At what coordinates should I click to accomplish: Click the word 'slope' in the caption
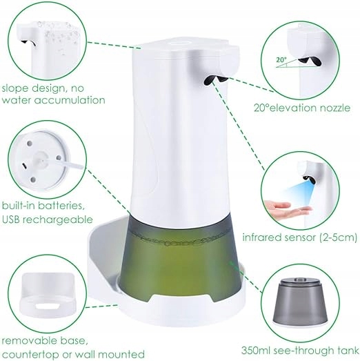pos(15,88)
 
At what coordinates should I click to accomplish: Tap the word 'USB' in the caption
pos(12,219)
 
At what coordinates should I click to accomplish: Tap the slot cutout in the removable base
pos(48,306)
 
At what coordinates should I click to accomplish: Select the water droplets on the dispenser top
pos(59,34)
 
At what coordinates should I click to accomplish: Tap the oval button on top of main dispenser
pos(180,43)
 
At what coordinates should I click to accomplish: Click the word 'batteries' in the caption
pos(59,206)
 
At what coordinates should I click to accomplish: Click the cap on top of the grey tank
pos(299,280)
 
